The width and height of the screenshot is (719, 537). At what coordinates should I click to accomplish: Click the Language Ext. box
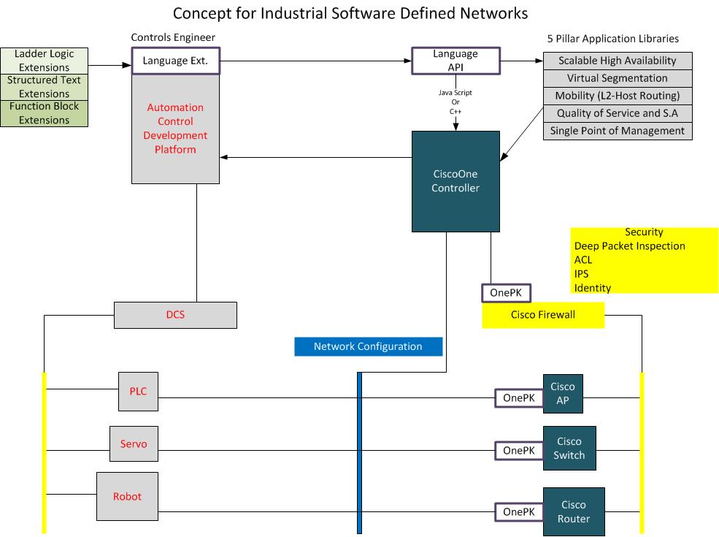(175, 61)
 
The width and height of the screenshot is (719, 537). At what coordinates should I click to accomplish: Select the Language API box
(455, 61)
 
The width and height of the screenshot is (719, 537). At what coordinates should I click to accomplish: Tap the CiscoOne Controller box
(455, 180)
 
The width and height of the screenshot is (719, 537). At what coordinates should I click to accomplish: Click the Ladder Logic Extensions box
(44, 61)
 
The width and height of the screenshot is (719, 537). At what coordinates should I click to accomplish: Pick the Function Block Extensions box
(44, 113)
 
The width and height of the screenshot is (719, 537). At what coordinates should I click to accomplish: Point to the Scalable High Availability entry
(618, 61)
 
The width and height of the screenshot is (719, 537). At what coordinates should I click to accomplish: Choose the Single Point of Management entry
(618, 131)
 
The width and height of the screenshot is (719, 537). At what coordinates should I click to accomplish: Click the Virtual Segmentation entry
(618, 78)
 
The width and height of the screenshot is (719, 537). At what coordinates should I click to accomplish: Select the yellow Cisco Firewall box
(543, 315)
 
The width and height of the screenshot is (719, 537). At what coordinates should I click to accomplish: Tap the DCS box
(175, 315)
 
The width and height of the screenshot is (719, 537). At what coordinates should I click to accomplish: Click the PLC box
(138, 391)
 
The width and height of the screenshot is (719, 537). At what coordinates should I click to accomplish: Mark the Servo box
(134, 443)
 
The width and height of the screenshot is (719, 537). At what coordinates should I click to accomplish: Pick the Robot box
(127, 497)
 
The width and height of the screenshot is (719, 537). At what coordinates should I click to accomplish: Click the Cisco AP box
(563, 394)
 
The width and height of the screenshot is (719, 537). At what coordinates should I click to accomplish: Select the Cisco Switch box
(569, 448)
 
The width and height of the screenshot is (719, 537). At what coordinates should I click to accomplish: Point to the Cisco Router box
(573, 511)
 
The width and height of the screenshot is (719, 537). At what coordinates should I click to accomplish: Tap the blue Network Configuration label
(368, 346)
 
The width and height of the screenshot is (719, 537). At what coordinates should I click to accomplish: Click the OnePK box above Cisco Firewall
(506, 293)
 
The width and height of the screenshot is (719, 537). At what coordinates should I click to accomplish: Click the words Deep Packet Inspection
(630, 246)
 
